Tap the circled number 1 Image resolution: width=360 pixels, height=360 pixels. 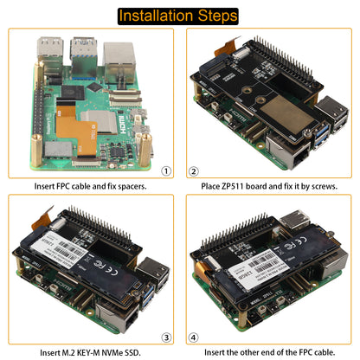[x=167, y=171]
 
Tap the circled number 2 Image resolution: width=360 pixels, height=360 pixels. [x=194, y=171]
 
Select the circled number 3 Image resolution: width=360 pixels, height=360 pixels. [x=167, y=337]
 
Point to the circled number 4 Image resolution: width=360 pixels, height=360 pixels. [x=194, y=337]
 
